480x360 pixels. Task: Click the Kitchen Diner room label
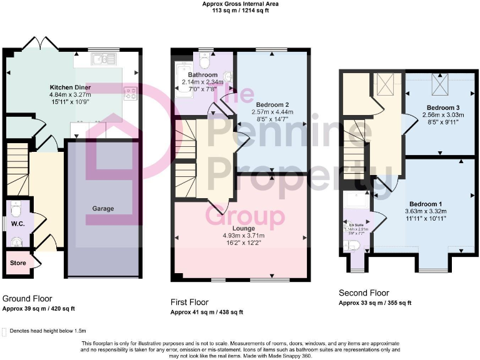70,87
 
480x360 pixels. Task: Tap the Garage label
102,208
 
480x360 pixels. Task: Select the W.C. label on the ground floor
17,222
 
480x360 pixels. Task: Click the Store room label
18,263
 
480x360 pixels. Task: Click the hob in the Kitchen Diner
131,93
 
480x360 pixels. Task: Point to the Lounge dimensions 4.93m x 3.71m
241,236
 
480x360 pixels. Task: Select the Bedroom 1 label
426,204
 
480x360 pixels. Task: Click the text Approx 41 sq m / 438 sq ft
207,312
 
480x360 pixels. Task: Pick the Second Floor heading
363,292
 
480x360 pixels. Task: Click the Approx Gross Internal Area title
240,4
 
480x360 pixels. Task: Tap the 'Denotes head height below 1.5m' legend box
6,331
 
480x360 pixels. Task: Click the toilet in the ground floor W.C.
17,208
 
